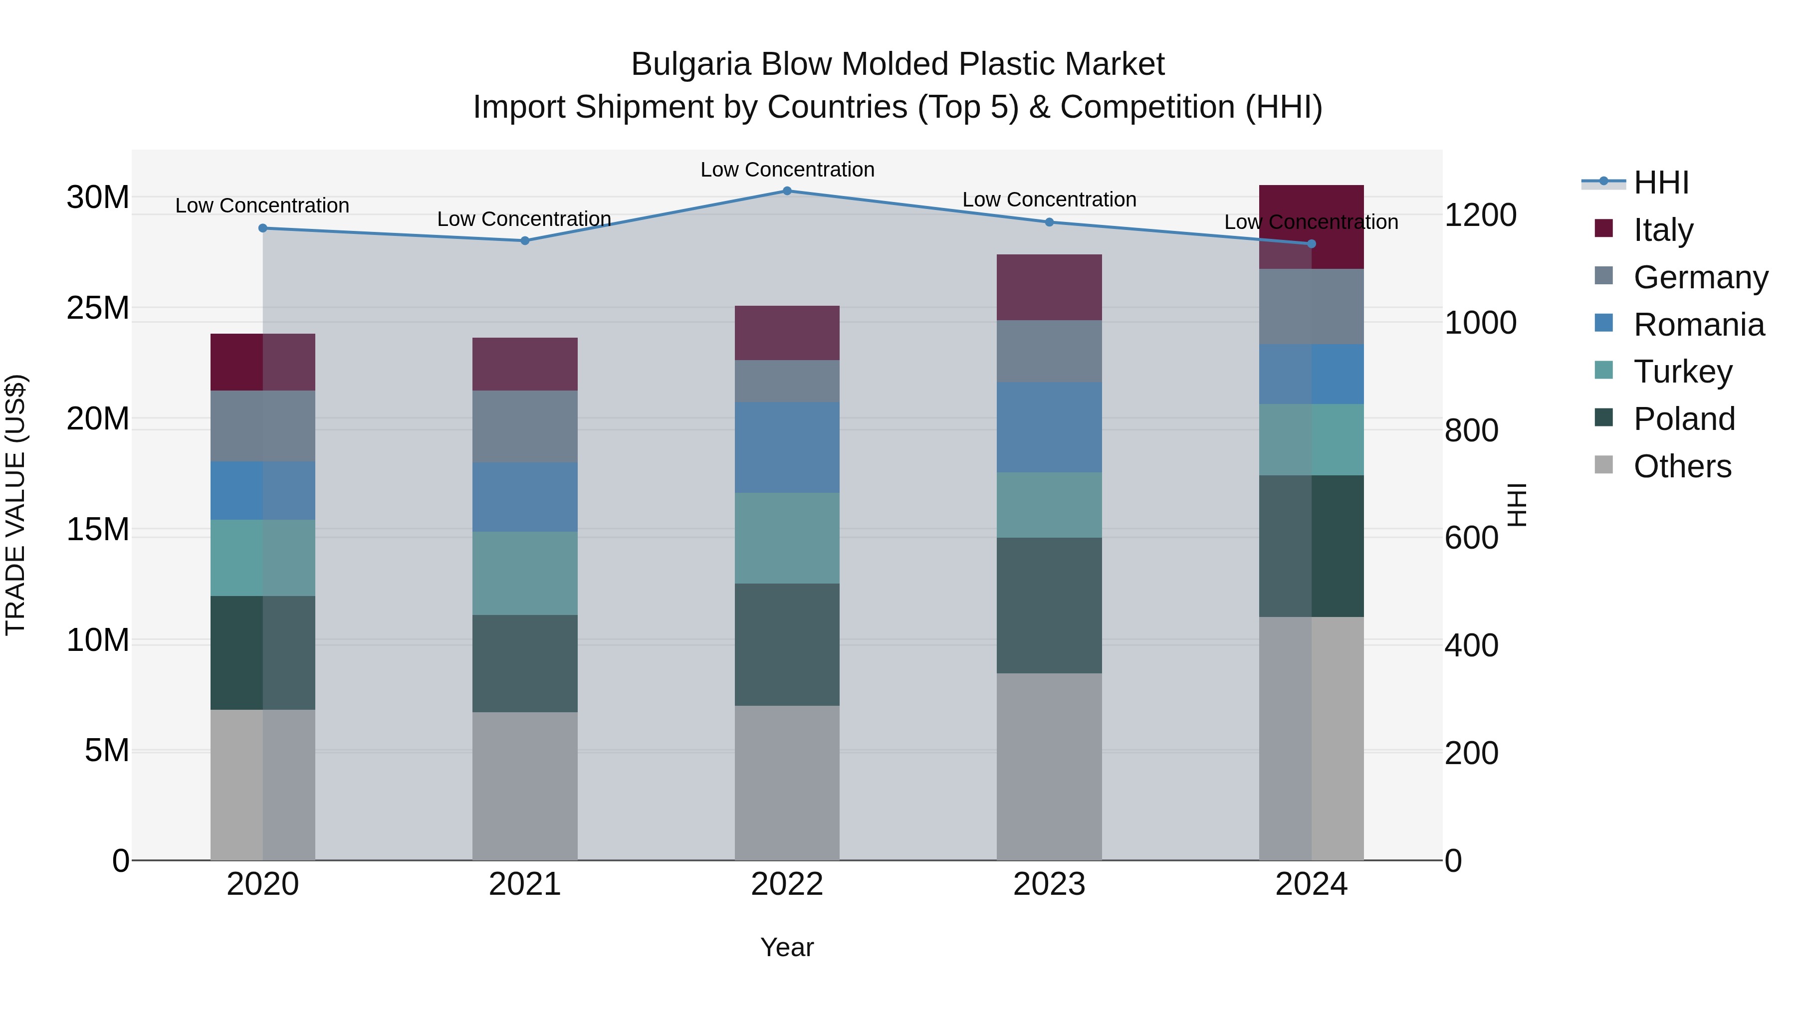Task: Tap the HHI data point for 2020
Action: [263, 228]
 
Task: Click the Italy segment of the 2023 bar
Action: [1049, 287]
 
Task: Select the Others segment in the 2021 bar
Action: [524, 786]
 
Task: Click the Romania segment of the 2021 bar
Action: [524, 497]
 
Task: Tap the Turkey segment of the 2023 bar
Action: [1049, 505]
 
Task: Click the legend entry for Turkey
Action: [1682, 372]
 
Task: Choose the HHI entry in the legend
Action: [1661, 183]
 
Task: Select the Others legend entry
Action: [1682, 466]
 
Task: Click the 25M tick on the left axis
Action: [98, 307]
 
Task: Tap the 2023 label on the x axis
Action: [1049, 884]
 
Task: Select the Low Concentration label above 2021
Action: [524, 219]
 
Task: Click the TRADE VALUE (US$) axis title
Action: [15, 505]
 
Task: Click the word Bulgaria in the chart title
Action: [690, 64]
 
